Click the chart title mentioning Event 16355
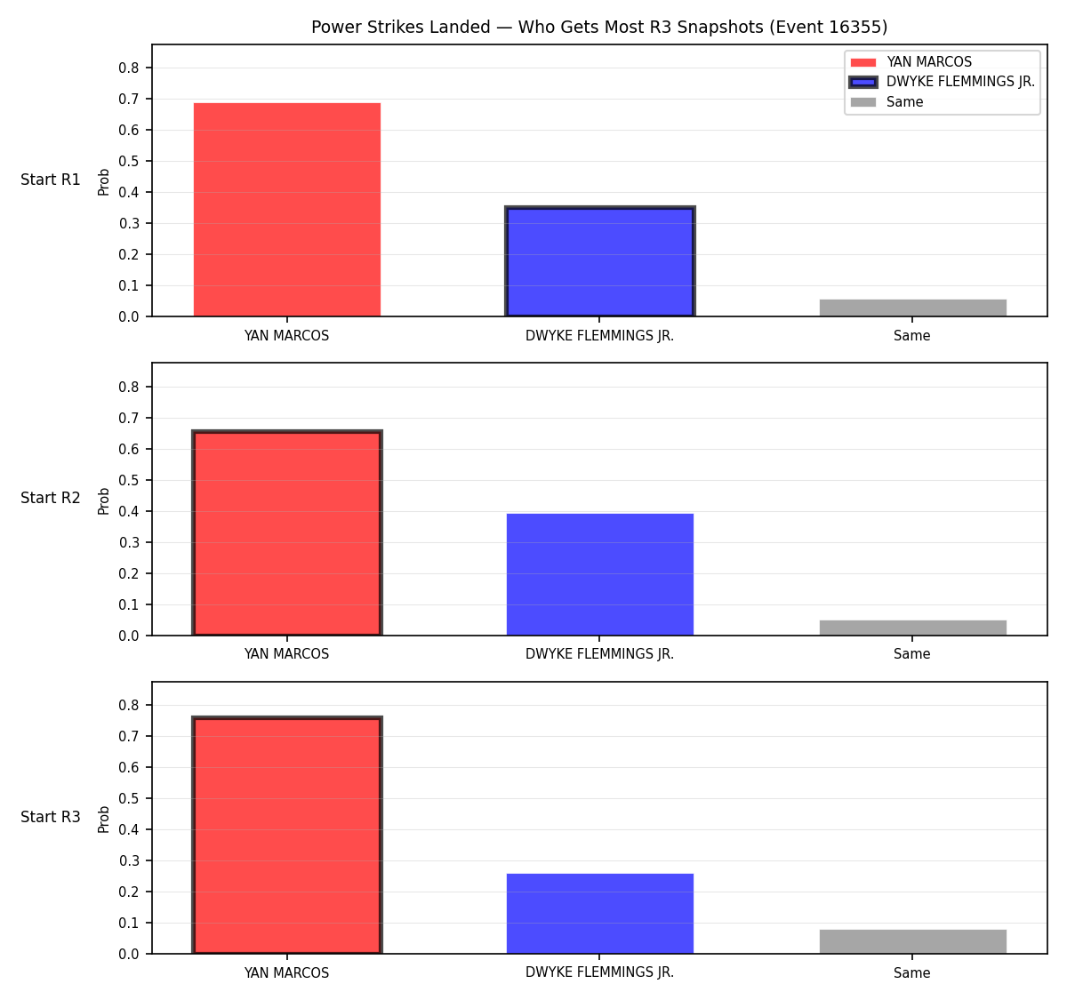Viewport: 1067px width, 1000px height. (x=599, y=27)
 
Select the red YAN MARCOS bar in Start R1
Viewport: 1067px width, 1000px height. (x=287, y=210)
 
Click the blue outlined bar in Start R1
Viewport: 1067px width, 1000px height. (x=599, y=261)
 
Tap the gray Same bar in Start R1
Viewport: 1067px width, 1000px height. (x=912, y=308)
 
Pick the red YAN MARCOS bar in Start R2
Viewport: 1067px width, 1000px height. (x=287, y=532)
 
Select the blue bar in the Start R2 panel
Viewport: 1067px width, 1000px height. (x=599, y=574)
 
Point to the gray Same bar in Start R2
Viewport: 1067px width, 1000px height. (x=912, y=628)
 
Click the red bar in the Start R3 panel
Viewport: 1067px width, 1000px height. (x=287, y=835)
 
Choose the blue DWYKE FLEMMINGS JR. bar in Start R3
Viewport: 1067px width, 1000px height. (x=599, y=914)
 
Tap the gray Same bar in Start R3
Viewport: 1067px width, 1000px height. (x=912, y=942)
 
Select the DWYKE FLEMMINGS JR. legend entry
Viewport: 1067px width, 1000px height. (x=943, y=82)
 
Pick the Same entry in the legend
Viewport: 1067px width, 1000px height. (x=886, y=102)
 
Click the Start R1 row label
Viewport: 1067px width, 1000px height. (x=51, y=180)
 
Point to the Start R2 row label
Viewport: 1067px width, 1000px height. (x=51, y=498)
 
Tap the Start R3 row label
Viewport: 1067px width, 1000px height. (x=51, y=817)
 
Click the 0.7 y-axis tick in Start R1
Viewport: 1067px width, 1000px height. (x=129, y=99)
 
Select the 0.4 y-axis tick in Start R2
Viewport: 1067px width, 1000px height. (x=129, y=511)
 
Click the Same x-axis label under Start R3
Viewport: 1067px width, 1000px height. (x=911, y=972)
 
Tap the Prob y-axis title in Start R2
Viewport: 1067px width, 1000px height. (x=104, y=501)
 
